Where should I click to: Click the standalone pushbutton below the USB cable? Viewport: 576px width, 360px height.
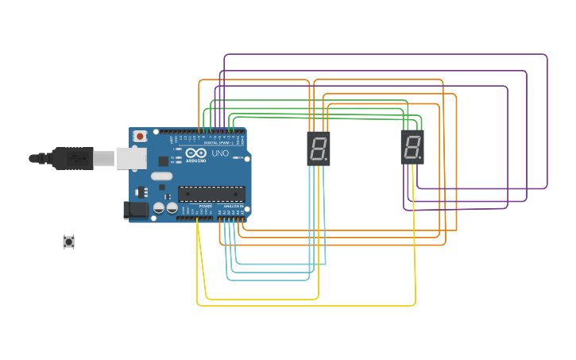point(69,242)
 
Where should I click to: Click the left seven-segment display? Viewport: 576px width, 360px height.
point(319,149)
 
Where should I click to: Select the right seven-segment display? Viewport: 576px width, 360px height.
point(412,148)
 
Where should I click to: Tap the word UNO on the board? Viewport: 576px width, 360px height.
point(220,153)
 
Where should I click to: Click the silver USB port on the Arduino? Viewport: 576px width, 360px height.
point(130,158)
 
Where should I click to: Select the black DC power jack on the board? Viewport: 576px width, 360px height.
point(136,210)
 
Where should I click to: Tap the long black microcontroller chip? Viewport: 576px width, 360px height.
point(211,194)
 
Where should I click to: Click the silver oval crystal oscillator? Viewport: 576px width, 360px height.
point(161,176)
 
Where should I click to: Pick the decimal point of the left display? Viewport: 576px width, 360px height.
point(327,159)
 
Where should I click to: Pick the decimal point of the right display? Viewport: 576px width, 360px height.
point(420,158)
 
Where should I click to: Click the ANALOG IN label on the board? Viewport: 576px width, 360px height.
point(234,206)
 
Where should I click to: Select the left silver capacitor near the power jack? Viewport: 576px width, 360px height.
point(159,207)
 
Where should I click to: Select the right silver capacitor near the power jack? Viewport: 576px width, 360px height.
point(172,207)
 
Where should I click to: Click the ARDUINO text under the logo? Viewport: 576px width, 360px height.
point(196,161)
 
